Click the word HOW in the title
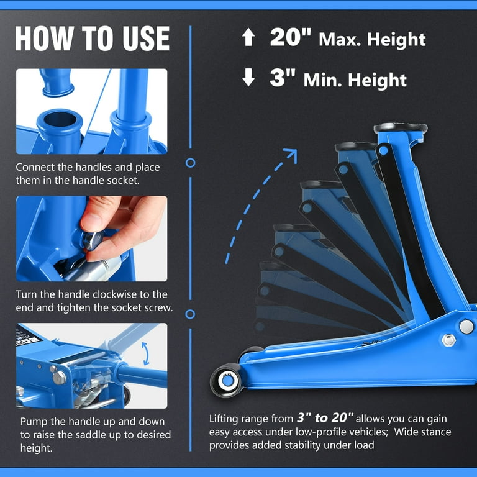point(44,38)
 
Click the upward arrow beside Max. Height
point(248,37)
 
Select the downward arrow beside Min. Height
point(248,77)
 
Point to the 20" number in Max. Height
point(291,37)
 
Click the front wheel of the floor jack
point(227,381)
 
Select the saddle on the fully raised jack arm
point(401,127)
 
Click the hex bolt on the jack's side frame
point(448,340)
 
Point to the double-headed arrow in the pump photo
point(147,353)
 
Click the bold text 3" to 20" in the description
point(325,418)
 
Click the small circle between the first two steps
point(191,163)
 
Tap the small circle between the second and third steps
point(190,314)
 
